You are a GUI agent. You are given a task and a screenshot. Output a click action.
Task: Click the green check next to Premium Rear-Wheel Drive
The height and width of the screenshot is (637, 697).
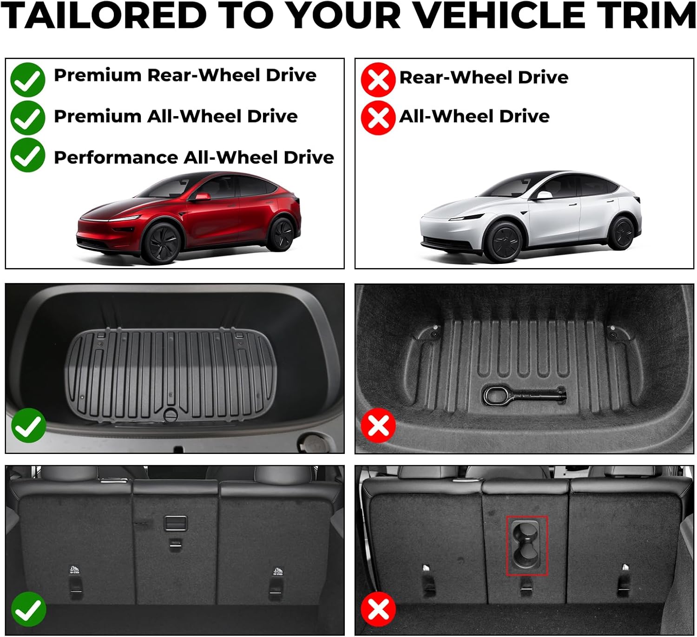point(28,80)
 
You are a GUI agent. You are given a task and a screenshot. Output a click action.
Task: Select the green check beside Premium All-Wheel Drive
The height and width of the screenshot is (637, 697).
point(28,118)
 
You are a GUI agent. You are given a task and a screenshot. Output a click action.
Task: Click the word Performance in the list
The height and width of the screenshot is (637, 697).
point(116,158)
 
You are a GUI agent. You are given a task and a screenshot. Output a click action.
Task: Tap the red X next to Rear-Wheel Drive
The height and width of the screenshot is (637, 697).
point(378,80)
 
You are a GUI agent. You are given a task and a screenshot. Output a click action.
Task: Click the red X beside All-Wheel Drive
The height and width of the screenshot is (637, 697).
point(378,118)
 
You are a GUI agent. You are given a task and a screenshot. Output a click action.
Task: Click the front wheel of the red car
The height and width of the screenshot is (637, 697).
point(161,243)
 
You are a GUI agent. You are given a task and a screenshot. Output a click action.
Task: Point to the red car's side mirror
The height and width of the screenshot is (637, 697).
point(202,197)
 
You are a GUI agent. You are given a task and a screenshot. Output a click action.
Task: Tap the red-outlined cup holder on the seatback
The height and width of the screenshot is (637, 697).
point(527,545)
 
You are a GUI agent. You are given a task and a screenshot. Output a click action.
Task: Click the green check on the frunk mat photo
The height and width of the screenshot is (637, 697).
point(28,426)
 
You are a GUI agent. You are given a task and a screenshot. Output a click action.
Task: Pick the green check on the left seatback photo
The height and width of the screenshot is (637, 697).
point(28,609)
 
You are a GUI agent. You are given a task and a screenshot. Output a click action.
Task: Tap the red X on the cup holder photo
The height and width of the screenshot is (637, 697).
point(378,609)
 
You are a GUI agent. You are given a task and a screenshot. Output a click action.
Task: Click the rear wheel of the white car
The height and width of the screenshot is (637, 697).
point(622,232)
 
